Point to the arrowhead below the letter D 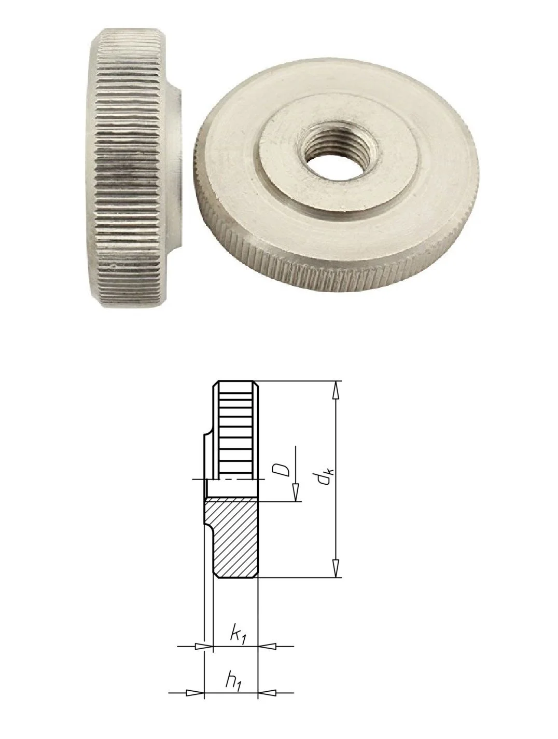pyautogui.click(x=296, y=492)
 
